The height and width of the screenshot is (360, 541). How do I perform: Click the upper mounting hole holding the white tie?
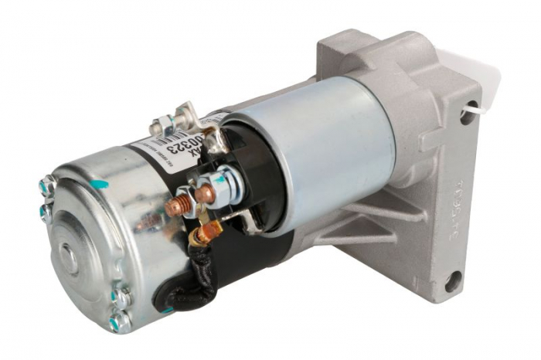pos(467,117)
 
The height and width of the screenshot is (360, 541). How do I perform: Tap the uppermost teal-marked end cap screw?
pos(46,186)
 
